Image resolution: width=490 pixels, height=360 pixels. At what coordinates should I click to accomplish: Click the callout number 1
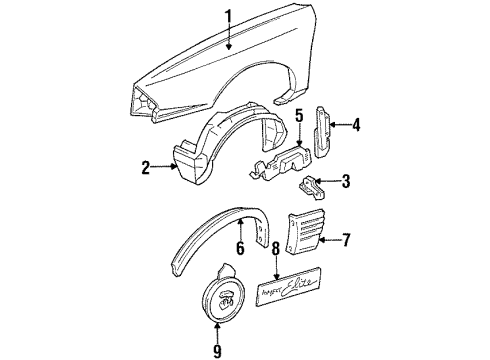point(230,16)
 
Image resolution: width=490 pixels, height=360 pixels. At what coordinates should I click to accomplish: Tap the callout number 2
point(146,169)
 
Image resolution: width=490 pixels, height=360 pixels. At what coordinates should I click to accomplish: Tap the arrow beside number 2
point(162,169)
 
